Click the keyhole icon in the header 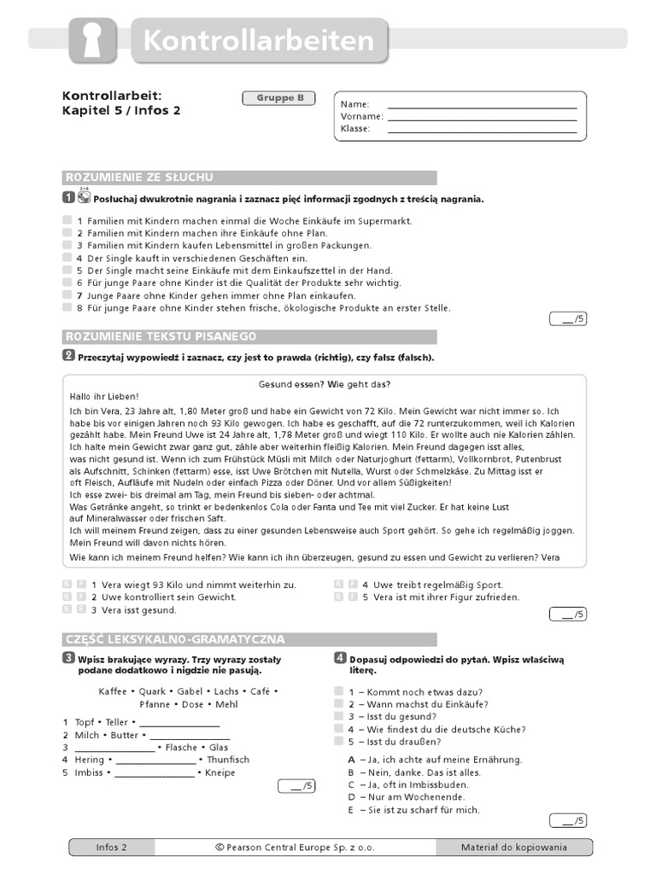[92, 40]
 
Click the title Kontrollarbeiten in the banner [259, 41]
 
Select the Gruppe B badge [280, 98]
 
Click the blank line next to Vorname [482, 117]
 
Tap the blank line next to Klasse [482, 130]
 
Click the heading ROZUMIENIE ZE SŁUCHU [139, 178]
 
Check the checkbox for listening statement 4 [67, 258]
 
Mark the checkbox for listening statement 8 [67, 307]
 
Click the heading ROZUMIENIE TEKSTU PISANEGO [161, 336]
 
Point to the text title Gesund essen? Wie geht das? [324, 385]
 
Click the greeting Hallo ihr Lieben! [103, 397]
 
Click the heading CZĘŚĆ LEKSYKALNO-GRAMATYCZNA [175, 639]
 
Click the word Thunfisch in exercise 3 [228, 760]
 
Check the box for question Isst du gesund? [338, 717]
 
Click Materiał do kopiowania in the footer [513, 848]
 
